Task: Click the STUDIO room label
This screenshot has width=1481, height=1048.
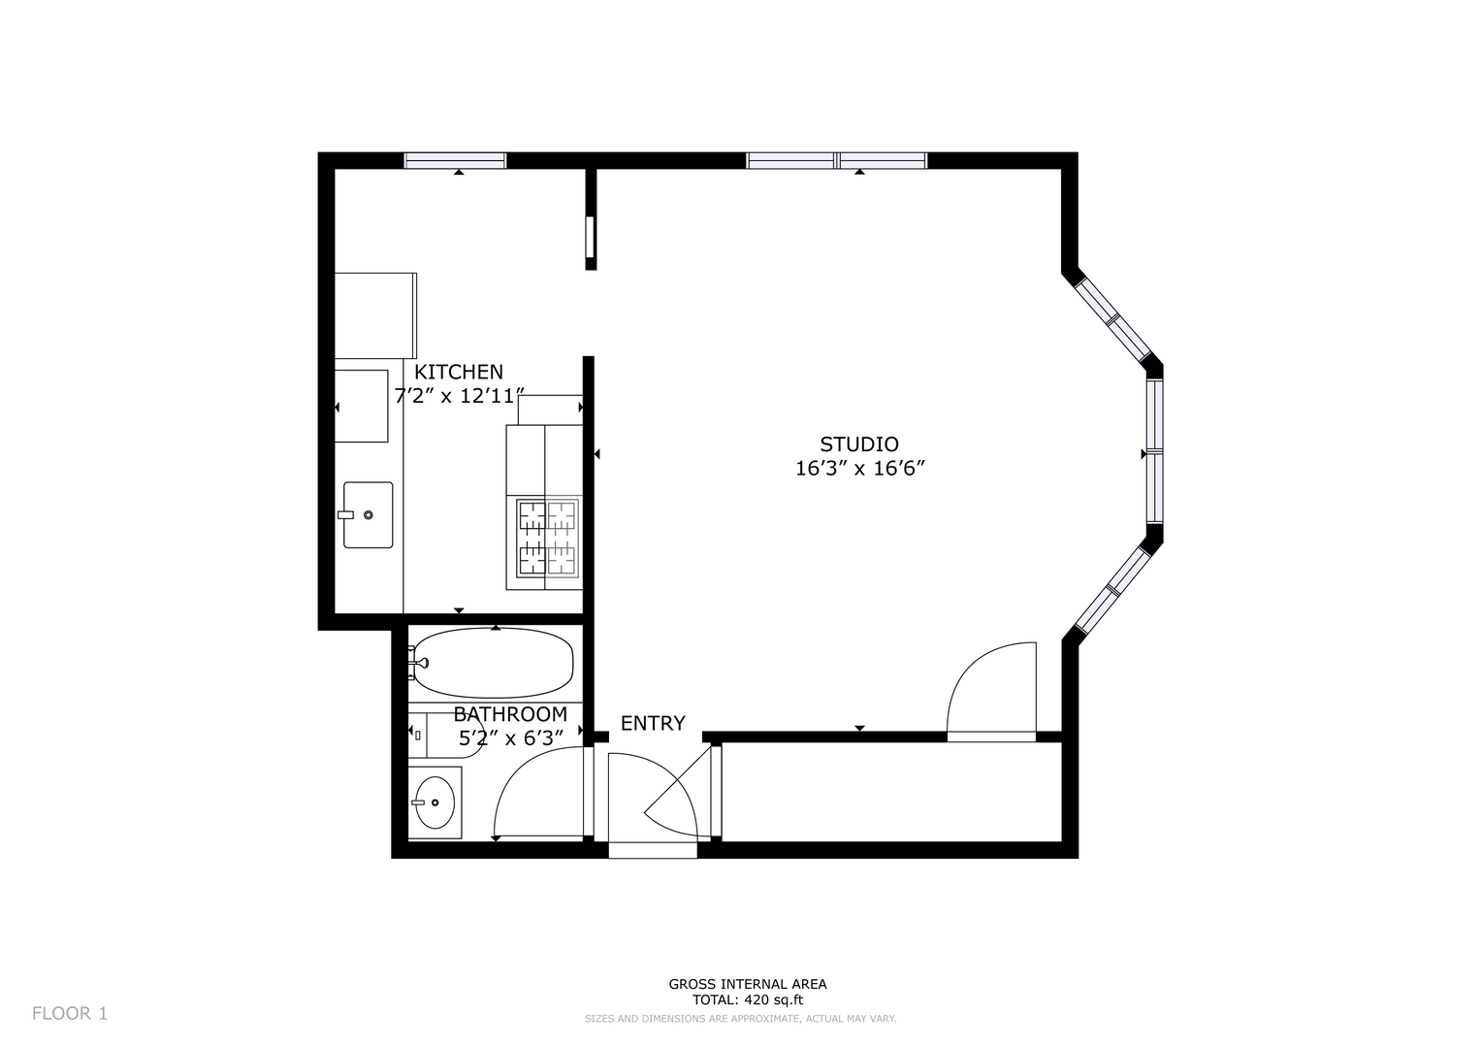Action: (859, 444)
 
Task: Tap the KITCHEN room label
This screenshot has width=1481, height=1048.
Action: (458, 372)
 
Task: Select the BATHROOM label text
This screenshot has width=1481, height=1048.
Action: (510, 714)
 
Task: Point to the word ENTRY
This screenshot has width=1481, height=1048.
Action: (653, 724)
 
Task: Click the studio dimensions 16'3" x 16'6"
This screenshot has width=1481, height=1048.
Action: (859, 469)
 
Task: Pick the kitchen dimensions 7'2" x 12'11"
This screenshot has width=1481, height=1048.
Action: (460, 396)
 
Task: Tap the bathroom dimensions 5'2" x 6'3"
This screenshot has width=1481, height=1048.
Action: (510, 737)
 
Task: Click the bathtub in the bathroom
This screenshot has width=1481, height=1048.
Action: (493, 663)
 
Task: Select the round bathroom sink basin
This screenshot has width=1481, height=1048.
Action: (435, 802)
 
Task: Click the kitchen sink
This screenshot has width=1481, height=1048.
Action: (368, 514)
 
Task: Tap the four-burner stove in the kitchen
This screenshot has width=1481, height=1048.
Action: (547, 537)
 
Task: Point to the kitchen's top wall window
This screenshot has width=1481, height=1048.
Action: (455, 161)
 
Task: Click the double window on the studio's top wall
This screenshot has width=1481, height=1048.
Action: (836, 161)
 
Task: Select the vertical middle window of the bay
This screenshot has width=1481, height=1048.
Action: (1154, 452)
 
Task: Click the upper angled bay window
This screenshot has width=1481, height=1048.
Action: (1113, 319)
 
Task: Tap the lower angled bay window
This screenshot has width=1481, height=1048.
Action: (1113, 588)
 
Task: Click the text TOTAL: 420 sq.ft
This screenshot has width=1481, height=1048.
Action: (747, 1000)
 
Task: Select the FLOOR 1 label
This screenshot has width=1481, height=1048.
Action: (70, 1014)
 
